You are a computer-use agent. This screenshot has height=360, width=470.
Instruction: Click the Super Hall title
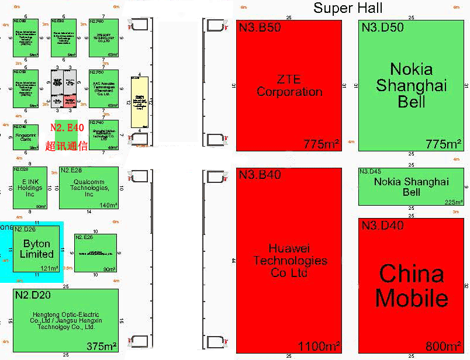348,8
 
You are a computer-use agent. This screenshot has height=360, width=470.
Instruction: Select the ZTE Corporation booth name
289,85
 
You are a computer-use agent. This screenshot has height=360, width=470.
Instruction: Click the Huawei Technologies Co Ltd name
289,260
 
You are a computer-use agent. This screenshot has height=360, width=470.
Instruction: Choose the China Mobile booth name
412,286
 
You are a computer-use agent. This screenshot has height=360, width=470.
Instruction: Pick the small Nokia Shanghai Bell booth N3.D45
411,187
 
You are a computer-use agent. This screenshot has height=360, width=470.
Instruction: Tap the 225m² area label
453,202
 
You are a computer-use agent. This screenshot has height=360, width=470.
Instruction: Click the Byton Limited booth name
36,249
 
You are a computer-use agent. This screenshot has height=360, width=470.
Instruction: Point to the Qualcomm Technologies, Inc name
89,188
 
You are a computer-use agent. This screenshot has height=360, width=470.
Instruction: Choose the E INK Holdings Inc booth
30,188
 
